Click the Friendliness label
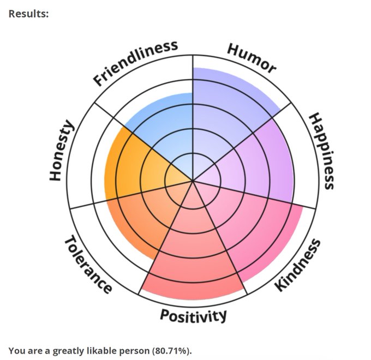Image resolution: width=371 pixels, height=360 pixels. tap(135, 63)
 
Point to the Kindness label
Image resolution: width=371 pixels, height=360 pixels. tap(297, 265)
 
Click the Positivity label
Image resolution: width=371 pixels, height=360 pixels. tap(193, 315)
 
